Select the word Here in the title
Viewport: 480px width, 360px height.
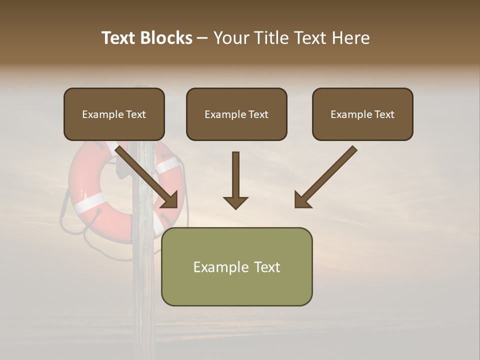351,38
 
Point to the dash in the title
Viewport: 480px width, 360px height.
203,38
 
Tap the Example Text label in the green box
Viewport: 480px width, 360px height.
236,267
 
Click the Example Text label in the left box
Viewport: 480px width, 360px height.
114,114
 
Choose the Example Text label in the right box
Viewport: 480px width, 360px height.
362,114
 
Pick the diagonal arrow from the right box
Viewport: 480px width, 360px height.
325,177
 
